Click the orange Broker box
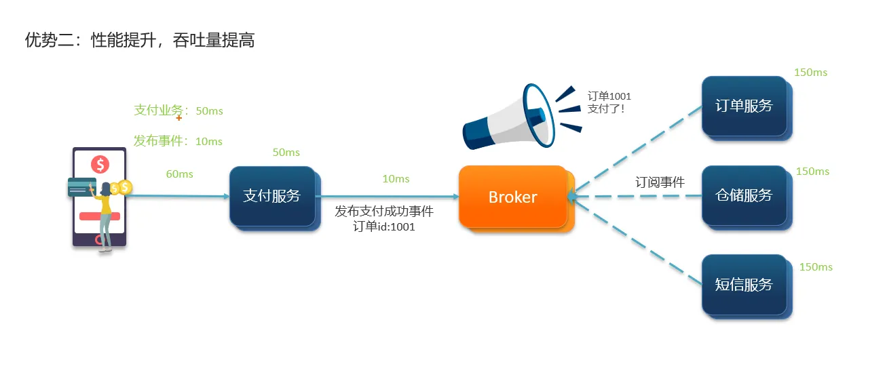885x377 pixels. click(x=513, y=197)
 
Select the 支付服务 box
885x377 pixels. click(x=272, y=197)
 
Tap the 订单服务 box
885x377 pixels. click(x=744, y=106)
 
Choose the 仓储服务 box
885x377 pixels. click(x=744, y=195)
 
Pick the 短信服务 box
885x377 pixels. click(x=744, y=285)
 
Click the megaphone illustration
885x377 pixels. click(x=509, y=119)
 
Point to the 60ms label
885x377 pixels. click(x=179, y=174)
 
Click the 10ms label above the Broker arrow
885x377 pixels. click(x=396, y=179)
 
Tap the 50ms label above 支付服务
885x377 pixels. click(x=286, y=153)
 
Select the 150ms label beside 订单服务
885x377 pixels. click(x=810, y=73)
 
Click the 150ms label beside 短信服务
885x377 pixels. click(x=816, y=267)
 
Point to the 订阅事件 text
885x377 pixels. click(x=660, y=182)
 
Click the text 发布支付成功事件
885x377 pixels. click(x=384, y=212)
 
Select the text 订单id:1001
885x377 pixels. click(x=384, y=227)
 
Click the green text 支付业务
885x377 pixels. click(x=158, y=111)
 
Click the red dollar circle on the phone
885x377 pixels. click(x=100, y=164)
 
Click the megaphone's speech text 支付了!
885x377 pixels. click(x=605, y=108)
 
